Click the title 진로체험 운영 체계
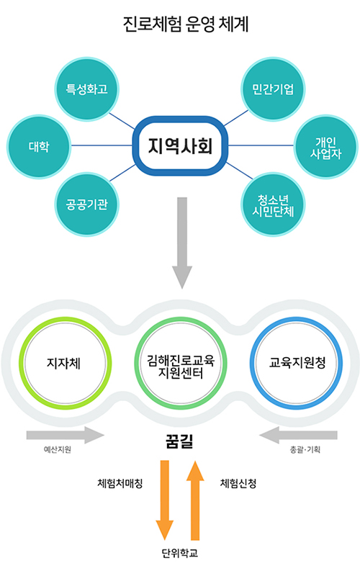pos(186,24)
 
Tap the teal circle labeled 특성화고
pos(87,89)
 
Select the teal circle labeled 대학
pos(39,147)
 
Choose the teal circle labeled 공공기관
pos(87,204)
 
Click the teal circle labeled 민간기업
pos(273,89)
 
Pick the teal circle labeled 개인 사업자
pos(326,147)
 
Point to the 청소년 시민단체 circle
pos(273,204)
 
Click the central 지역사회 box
pos(180,146)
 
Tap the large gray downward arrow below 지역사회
pos(182,243)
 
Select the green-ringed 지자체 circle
pos(65,363)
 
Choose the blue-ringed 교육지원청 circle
pos(297,363)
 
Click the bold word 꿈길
pos(179,441)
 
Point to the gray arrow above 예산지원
pos(66,436)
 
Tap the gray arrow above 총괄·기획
pos(298,436)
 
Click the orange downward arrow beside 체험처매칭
pos(165,500)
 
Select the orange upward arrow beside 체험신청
pos(195,500)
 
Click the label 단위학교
pos(180,553)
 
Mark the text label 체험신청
pos(238,483)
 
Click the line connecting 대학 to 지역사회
pos(102,145)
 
